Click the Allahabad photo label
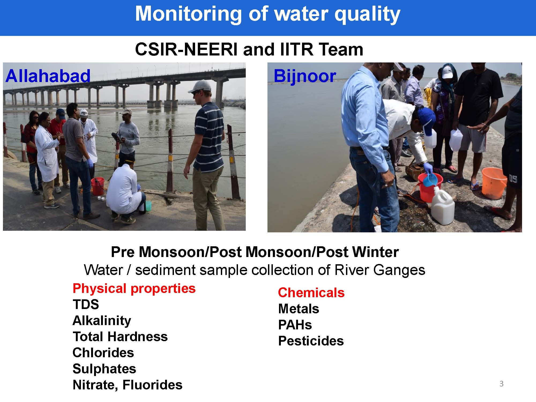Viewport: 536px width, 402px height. (48, 76)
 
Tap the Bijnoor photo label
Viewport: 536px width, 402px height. (305, 76)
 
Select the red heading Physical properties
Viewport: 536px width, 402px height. (134, 289)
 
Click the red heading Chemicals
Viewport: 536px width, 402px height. (311, 292)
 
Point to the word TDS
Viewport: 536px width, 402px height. (86, 304)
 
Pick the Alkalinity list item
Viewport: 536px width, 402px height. (102, 321)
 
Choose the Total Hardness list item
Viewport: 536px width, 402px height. (120, 337)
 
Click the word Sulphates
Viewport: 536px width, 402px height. (104, 369)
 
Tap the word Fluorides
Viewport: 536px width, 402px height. (152, 385)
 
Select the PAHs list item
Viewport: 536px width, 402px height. (295, 325)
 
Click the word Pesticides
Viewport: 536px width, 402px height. (311, 341)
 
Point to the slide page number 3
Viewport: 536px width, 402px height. (501, 384)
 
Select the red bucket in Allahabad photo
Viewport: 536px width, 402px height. (98, 186)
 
